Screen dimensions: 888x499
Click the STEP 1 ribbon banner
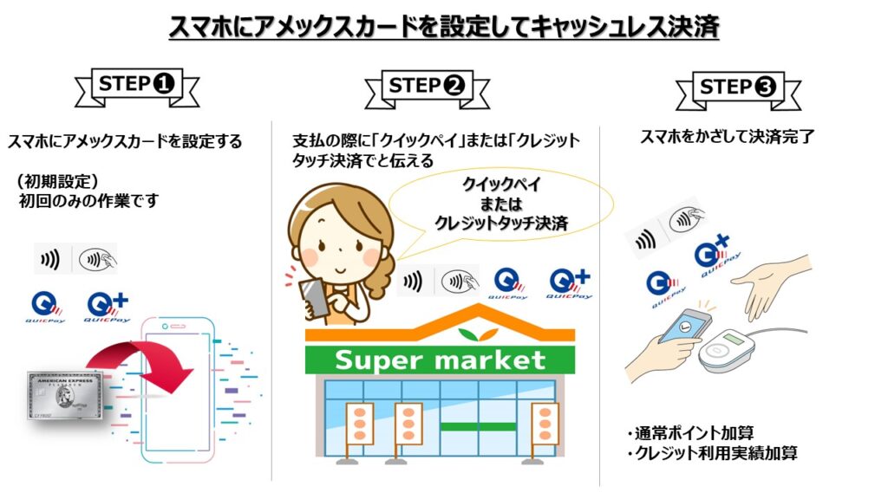coord(137,87)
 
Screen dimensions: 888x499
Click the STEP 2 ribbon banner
coord(427,88)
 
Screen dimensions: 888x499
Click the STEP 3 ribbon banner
coord(739,89)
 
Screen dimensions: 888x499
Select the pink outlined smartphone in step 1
coord(178,390)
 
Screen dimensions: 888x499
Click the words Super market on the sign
coord(440,360)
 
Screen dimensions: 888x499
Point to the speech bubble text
coord(501,204)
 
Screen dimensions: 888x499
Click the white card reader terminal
coord(727,350)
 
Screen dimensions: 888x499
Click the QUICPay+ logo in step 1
coord(108,308)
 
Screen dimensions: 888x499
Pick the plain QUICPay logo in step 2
coord(508,284)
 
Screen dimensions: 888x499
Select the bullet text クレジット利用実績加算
coord(713,453)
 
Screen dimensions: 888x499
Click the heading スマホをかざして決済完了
coord(728,136)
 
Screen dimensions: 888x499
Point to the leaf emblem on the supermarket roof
coord(479,334)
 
